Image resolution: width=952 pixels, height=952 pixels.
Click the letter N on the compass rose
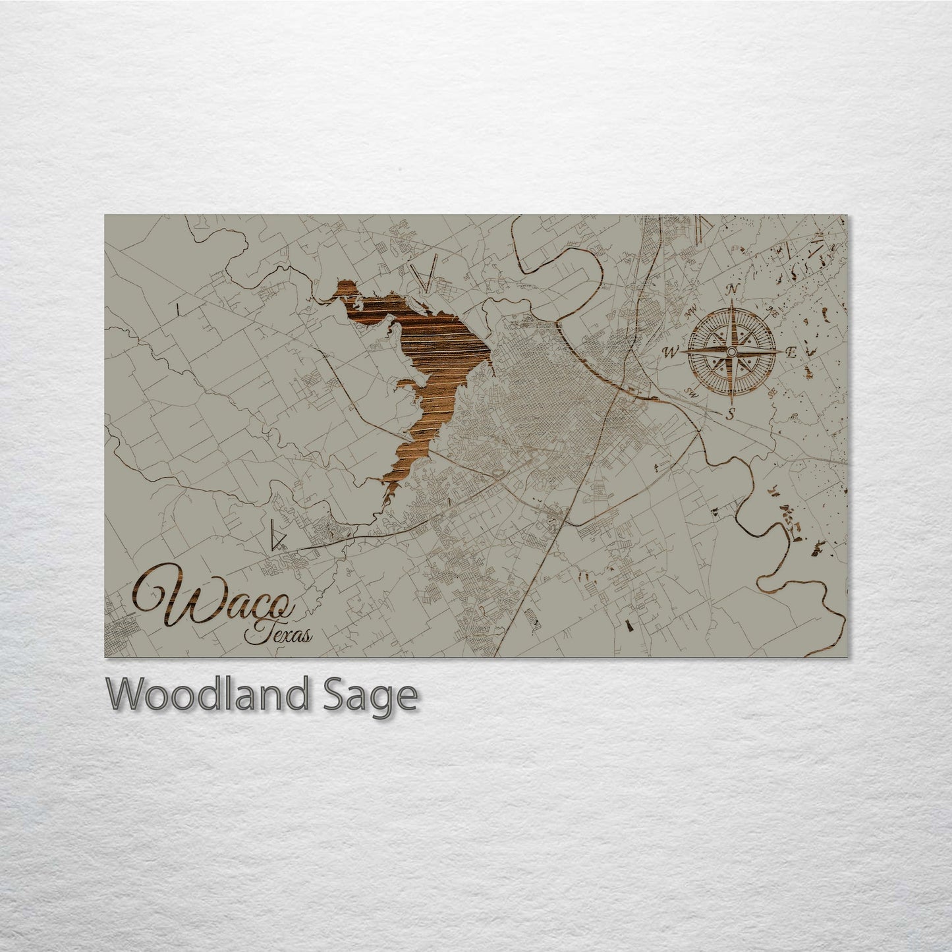[731, 289]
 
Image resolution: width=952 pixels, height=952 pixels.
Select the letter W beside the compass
[670, 352]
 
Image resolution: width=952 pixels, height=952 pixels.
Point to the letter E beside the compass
[793, 354]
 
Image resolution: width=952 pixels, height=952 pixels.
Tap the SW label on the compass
[692, 393]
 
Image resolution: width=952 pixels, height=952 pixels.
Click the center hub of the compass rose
[731, 352]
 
